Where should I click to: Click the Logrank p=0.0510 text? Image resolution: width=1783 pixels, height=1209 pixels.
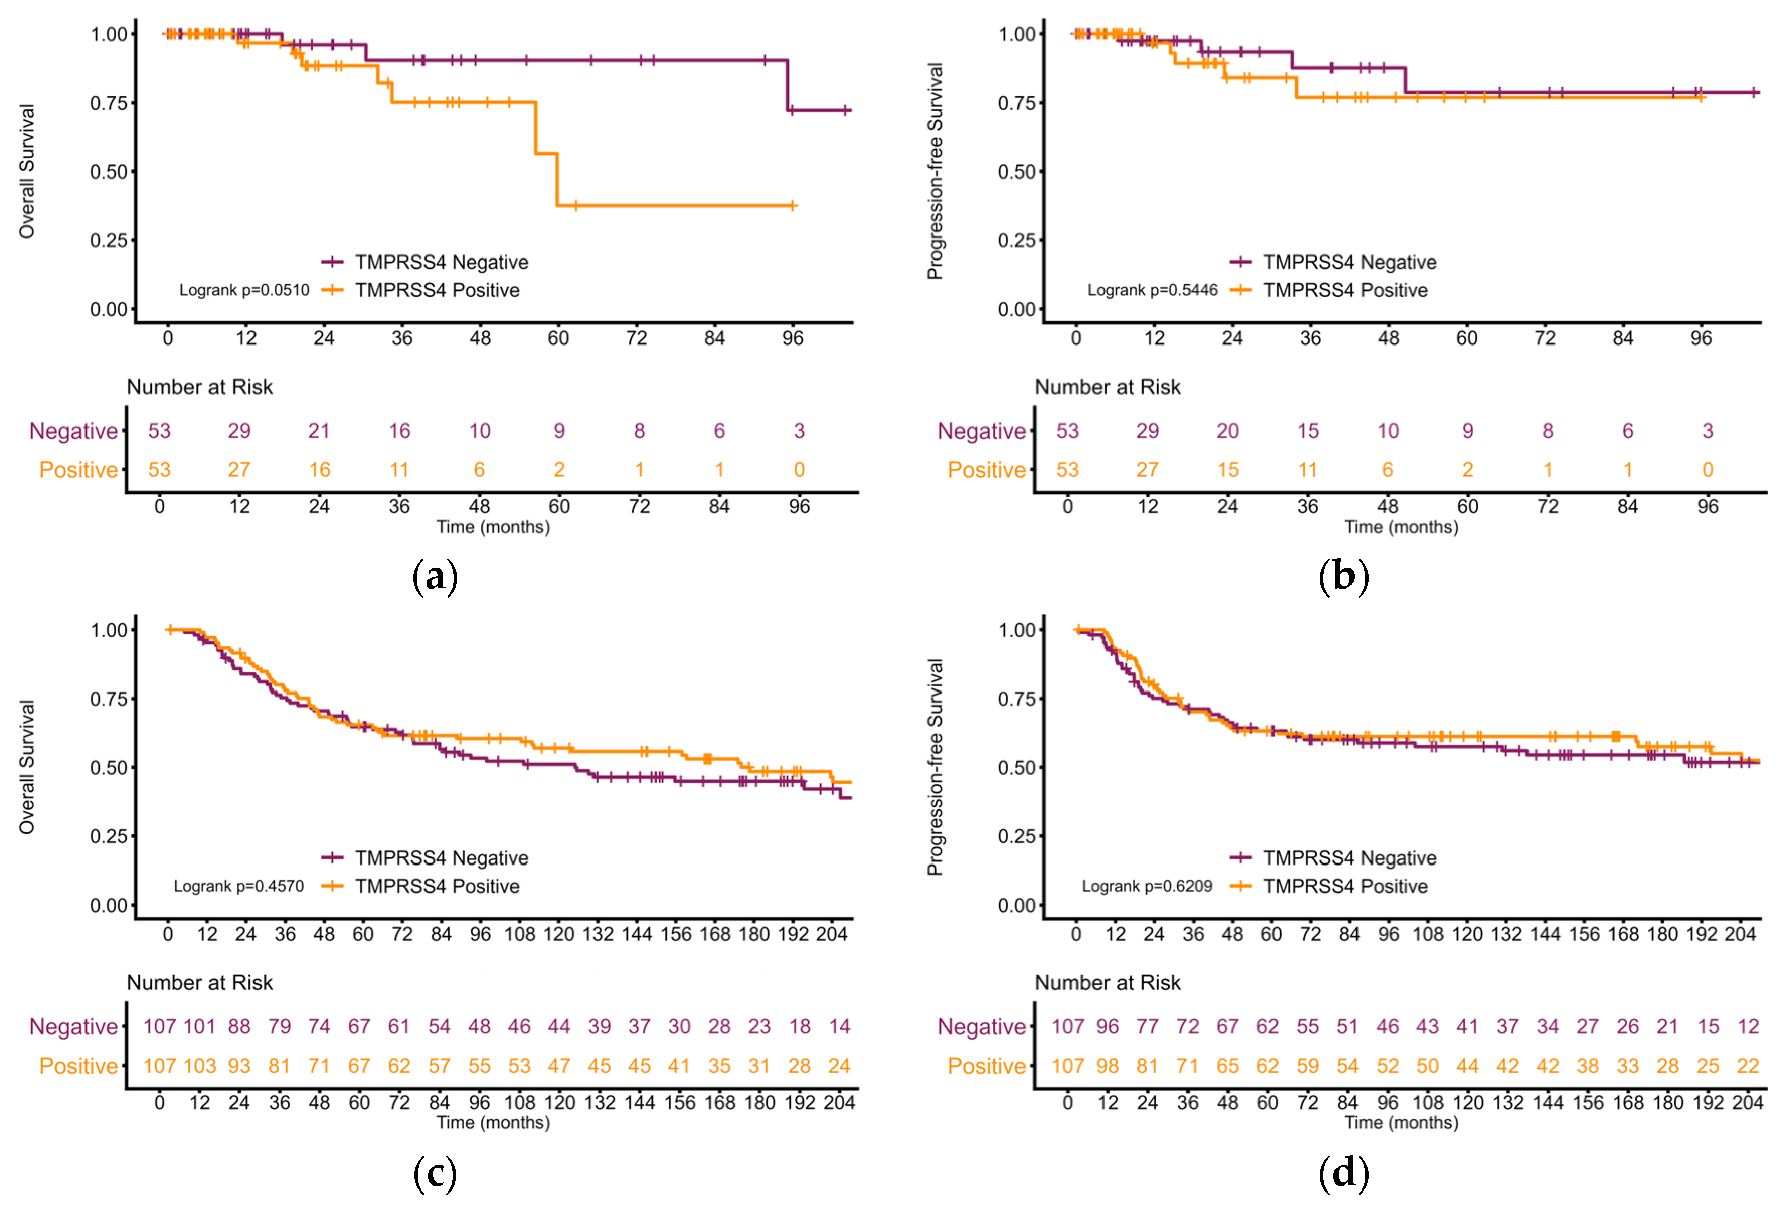(244, 290)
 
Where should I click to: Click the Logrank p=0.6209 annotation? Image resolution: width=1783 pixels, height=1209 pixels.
(1147, 886)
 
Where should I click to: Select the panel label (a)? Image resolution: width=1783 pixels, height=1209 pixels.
(435, 576)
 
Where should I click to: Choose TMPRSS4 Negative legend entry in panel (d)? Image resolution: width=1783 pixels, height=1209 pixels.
(1333, 857)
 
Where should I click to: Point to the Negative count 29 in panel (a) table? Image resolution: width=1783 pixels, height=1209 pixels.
(239, 431)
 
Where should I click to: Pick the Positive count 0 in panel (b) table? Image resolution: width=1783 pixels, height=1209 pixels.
(1708, 470)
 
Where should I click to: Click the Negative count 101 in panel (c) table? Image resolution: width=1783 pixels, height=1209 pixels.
(200, 1026)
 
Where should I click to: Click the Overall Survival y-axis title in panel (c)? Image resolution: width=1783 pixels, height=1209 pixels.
(27, 766)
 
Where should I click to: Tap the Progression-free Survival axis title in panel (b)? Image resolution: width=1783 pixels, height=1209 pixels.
(935, 171)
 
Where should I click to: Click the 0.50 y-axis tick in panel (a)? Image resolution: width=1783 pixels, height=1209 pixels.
(108, 172)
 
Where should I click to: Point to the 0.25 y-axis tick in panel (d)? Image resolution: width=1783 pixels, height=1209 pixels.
(1016, 836)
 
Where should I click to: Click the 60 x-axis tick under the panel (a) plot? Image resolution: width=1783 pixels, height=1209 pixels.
(558, 338)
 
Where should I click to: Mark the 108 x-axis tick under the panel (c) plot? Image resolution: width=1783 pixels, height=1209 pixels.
(520, 934)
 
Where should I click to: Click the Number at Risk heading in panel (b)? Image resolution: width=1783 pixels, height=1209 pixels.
(1108, 387)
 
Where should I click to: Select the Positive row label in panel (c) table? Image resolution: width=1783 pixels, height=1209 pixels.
(79, 1066)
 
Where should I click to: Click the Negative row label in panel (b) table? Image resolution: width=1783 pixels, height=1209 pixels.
(982, 431)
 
